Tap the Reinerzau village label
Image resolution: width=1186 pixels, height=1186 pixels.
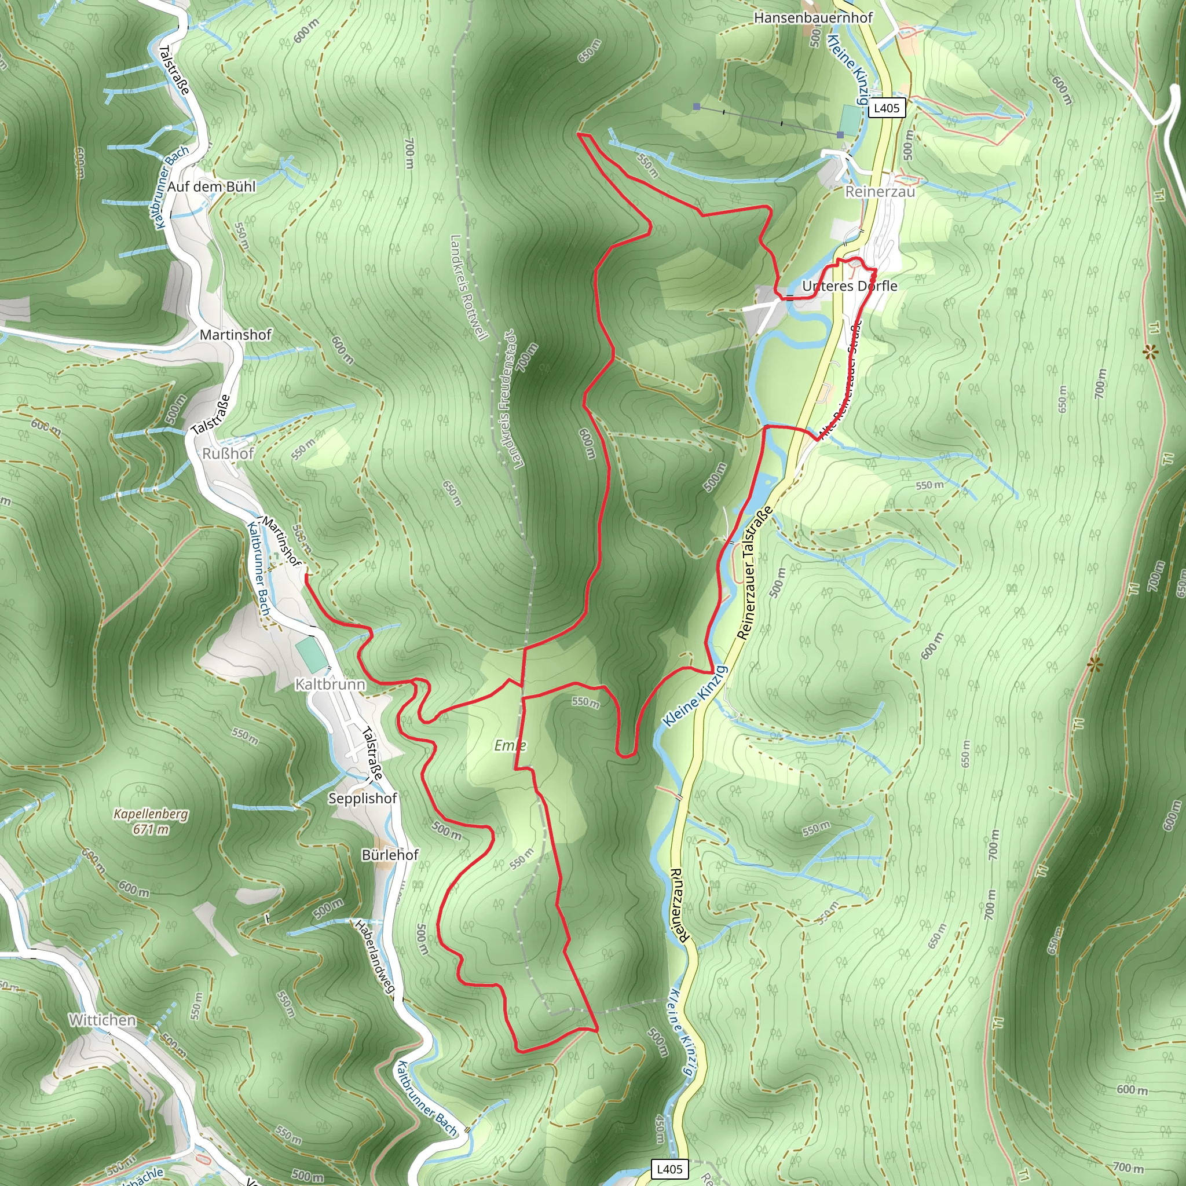tap(880, 192)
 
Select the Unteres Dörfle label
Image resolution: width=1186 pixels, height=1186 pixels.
tap(850, 286)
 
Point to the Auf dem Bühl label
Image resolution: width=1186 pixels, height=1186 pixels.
tap(211, 186)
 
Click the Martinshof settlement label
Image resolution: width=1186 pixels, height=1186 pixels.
tap(236, 335)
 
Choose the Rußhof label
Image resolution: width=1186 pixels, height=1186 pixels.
tap(228, 453)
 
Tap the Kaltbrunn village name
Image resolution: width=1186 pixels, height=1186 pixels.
tap(330, 684)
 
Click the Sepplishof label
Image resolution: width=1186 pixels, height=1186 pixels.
tap(363, 798)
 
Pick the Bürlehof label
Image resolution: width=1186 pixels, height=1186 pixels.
tap(390, 855)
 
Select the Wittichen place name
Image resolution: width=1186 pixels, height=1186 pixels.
tap(102, 1020)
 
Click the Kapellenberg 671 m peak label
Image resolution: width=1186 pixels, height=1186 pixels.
tap(151, 821)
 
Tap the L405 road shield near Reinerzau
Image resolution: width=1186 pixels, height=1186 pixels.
tap(887, 108)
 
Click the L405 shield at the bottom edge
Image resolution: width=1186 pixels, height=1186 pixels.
tap(669, 1168)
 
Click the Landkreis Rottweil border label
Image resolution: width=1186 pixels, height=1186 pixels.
tap(468, 287)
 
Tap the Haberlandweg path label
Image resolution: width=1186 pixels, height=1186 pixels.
tap(375, 956)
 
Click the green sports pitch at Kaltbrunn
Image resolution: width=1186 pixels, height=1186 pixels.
tap(312, 655)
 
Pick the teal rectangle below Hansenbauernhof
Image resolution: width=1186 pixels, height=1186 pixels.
tap(851, 120)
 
